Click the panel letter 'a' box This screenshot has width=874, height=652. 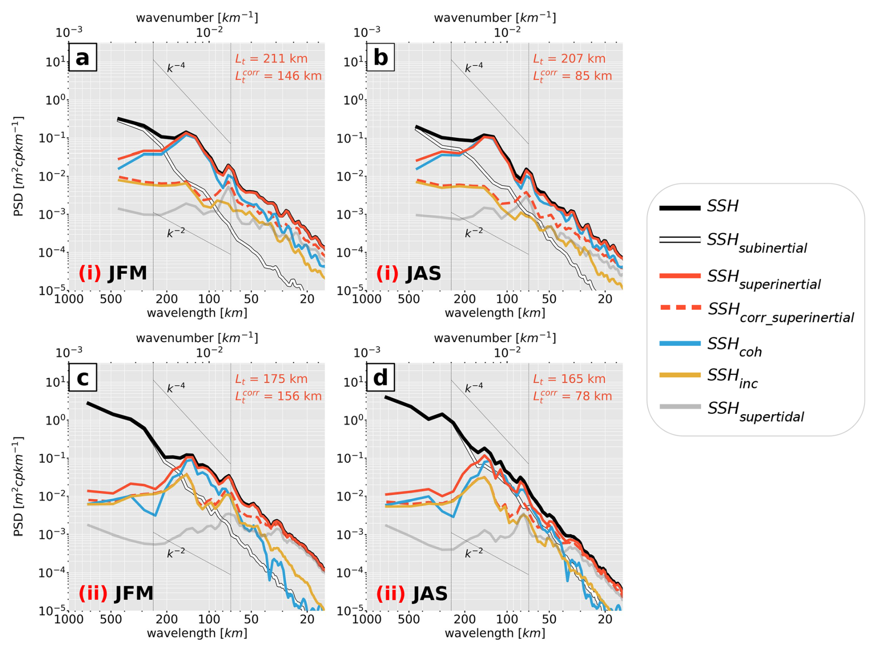pyautogui.click(x=83, y=58)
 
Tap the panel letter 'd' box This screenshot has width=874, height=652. pyautogui.click(x=380, y=378)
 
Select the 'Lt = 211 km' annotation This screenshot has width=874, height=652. pyautogui.click(x=271, y=59)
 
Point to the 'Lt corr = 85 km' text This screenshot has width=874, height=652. pyautogui.click(x=572, y=76)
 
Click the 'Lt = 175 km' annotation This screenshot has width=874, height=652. pyautogui.click(x=271, y=379)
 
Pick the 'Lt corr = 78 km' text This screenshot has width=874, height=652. pyautogui.click(x=572, y=396)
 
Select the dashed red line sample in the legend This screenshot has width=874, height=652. pyautogui.click(x=680, y=307)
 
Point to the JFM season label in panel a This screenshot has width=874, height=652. pyautogui.click(x=127, y=273)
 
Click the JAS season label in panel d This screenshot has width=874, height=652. pyautogui.click(x=430, y=593)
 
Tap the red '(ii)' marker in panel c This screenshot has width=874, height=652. pyautogui.click(x=93, y=593)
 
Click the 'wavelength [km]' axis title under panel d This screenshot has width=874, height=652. pyautogui.click(x=495, y=633)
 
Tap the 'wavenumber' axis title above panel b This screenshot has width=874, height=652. pyautogui.click(x=495, y=18)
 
